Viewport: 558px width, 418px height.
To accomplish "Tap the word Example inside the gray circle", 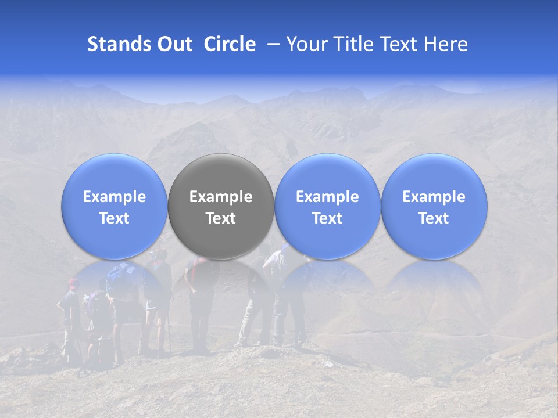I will click(221, 197).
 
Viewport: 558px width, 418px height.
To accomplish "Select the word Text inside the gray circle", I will click(221, 218).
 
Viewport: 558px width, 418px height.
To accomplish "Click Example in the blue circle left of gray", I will click(114, 197).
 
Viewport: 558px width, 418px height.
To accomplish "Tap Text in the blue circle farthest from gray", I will click(434, 218).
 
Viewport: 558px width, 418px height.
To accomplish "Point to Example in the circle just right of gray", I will click(327, 197).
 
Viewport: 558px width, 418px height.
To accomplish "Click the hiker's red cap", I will click(73, 283).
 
